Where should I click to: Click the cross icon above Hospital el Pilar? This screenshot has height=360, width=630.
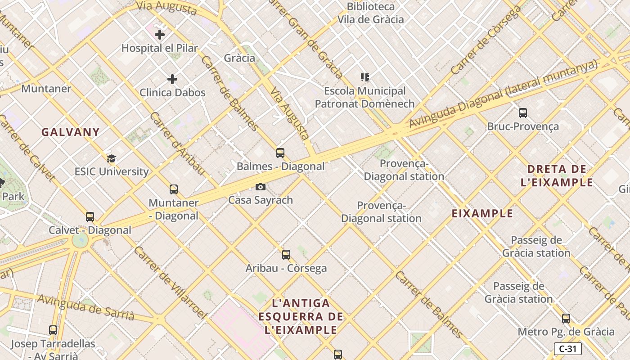click(x=160, y=34)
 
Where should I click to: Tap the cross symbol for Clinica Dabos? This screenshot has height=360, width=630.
click(x=172, y=80)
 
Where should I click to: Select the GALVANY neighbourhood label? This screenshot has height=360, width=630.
click(x=71, y=132)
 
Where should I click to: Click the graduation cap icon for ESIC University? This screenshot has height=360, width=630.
click(x=111, y=158)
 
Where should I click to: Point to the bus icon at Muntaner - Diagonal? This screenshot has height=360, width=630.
click(x=174, y=189)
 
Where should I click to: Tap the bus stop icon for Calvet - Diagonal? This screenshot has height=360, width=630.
click(x=90, y=217)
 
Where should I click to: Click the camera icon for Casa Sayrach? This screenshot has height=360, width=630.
click(x=260, y=187)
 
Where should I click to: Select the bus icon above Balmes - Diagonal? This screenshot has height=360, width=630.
click(x=280, y=153)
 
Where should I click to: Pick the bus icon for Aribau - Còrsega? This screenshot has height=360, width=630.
click(x=286, y=255)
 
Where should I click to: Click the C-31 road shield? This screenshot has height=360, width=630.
click(x=567, y=349)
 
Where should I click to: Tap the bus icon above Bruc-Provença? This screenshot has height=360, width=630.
click(x=523, y=113)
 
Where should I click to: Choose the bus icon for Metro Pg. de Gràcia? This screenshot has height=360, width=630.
click(x=566, y=319)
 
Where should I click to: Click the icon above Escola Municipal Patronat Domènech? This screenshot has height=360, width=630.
click(x=364, y=77)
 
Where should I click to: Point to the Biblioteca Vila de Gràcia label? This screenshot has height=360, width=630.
click(x=371, y=13)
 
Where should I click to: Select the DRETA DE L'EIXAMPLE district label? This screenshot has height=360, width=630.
click(x=557, y=176)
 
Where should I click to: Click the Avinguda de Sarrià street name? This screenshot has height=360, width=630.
click(x=85, y=307)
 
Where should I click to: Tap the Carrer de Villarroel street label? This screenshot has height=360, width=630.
click(x=170, y=282)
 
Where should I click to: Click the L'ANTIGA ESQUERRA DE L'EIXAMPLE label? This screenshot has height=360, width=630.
click(x=301, y=317)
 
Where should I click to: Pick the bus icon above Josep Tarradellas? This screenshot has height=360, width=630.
click(x=53, y=330)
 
